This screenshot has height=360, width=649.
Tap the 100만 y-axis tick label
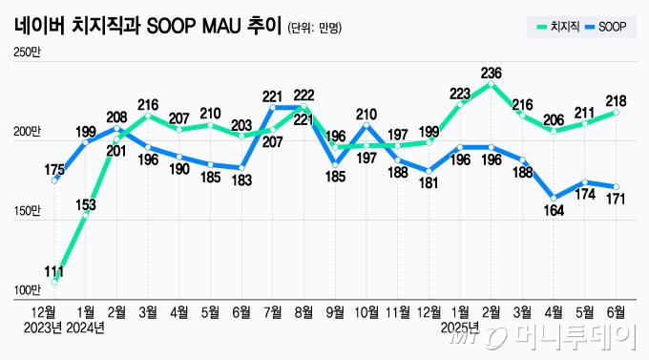click(27, 289)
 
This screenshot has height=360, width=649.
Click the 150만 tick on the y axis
click(27, 210)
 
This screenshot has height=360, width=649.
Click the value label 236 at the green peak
click(492, 72)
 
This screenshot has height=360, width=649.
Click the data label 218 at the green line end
click(618, 99)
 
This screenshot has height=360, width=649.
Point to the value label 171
click(618, 200)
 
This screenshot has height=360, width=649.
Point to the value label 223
click(460, 94)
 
